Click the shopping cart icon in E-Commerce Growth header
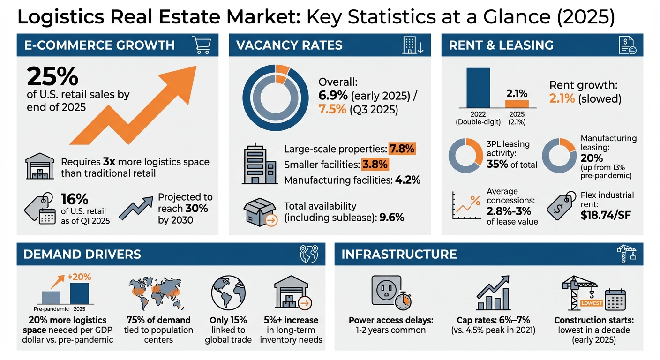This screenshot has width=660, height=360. point(202,45)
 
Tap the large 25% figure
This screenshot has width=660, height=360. point(52,76)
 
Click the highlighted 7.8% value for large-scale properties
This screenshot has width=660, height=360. point(402,149)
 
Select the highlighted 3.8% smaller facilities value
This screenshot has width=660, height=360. point(375,165)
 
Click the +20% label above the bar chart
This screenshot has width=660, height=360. point(79,277)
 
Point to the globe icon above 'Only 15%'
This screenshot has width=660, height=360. point(228,292)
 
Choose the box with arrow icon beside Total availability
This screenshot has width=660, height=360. point(261,212)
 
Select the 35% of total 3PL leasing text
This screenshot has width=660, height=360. point(511,164)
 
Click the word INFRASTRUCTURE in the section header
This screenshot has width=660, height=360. point(399,254)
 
